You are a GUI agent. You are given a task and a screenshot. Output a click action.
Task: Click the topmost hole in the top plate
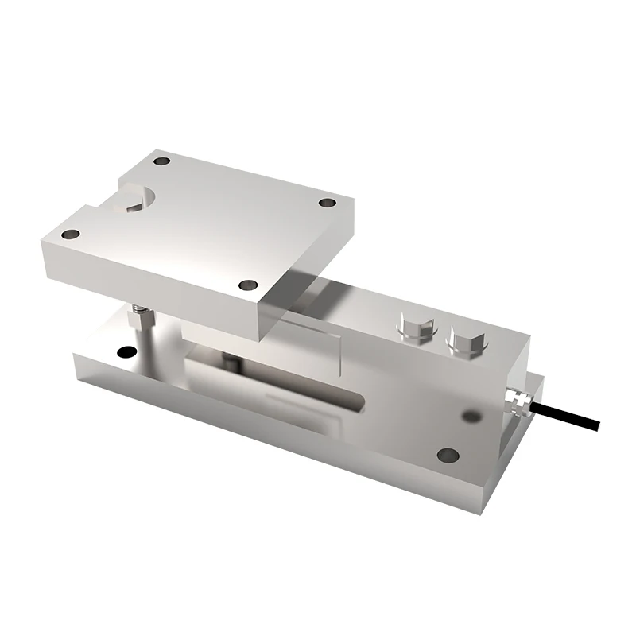click(x=162, y=161)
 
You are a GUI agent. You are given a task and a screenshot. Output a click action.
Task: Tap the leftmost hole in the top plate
click(x=71, y=235)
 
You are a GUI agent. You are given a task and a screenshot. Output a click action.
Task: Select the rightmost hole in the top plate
click(x=327, y=203)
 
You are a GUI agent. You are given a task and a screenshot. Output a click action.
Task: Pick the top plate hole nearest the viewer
click(x=249, y=285)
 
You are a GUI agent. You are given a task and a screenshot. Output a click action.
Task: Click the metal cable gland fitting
click(x=516, y=400)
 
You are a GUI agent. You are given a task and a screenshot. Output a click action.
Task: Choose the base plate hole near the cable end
click(x=448, y=456)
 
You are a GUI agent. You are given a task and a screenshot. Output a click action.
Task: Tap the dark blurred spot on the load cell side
click(x=472, y=416)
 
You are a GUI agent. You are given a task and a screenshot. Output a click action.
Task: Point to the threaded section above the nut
click(x=142, y=304)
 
